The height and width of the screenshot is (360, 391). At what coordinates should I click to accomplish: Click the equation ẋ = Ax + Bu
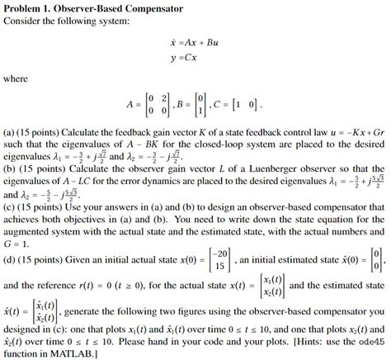pyautogui.click(x=194, y=41)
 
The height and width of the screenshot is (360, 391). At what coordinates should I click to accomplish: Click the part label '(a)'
pyautogui.click(x=11, y=130)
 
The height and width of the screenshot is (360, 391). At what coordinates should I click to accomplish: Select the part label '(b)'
pyautogui.click(x=11, y=167)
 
